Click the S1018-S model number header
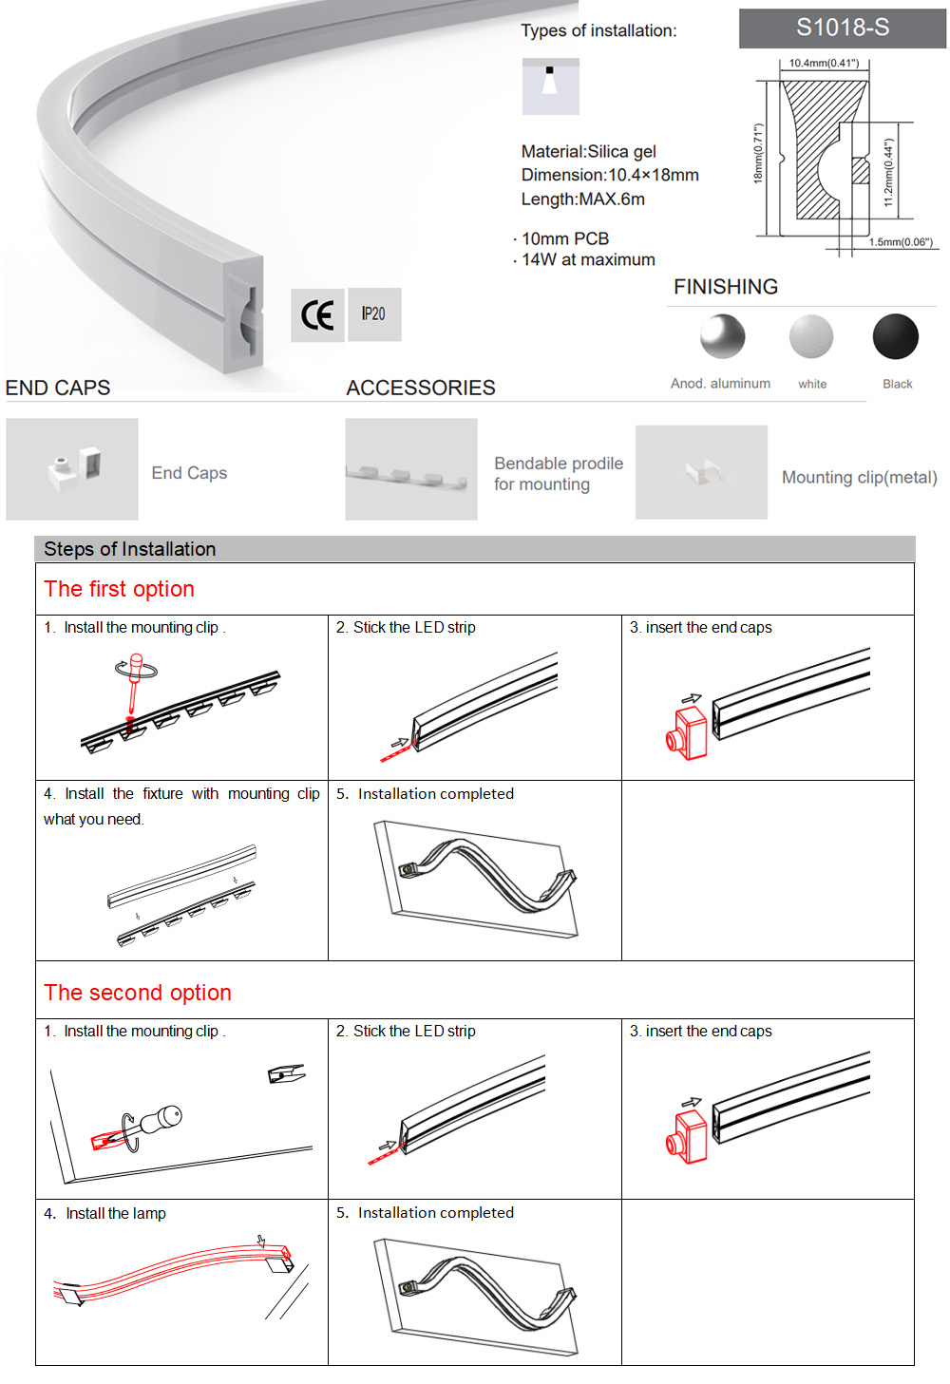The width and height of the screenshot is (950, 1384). click(842, 28)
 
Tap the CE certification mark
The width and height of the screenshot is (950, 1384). click(317, 314)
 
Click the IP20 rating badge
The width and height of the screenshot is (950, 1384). click(374, 314)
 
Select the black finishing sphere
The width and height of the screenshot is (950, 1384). click(895, 337)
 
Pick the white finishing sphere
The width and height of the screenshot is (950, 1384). click(811, 337)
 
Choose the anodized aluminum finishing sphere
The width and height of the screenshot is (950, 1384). click(723, 336)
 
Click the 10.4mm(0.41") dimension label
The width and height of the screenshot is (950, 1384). click(824, 64)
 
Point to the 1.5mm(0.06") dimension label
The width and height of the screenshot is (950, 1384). click(901, 242)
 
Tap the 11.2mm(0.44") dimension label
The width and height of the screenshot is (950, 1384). click(888, 173)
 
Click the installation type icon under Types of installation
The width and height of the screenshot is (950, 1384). click(550, 86)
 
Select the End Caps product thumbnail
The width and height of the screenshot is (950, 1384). click(72, 469)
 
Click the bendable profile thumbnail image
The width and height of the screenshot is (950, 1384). click(410, 470)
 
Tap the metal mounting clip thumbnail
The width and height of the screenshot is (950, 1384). click(701, 472)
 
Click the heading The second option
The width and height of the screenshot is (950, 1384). click(138, 993)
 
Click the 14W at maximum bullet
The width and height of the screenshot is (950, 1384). click(587, 260)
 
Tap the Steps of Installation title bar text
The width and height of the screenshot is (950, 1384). click(130, 549)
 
